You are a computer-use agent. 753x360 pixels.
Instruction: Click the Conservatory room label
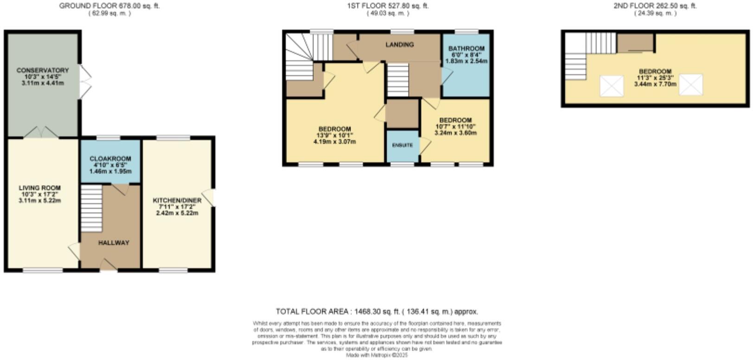(42, 70)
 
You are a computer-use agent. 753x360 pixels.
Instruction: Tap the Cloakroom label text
(110, 159)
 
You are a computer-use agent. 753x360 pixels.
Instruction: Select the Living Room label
(39, 188)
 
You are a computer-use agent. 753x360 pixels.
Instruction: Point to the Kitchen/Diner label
(177, 200)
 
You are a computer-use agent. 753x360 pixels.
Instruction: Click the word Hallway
(114, 243)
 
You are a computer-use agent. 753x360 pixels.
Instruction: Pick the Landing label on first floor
(400, 45)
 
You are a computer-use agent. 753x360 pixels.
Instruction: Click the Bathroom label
(466, 48)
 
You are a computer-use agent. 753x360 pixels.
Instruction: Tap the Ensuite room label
(402, 145)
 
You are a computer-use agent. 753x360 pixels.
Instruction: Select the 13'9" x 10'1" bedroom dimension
(334, 135)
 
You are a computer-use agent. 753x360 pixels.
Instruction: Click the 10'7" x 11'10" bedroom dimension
(455, 126)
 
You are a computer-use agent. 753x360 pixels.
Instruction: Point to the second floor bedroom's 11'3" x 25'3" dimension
(655, 78)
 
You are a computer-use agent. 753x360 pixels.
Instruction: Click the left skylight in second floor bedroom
(612, 86)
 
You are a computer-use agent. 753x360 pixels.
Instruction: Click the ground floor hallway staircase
(91, 208)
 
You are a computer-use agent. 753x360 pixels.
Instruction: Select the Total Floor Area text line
(376, 311)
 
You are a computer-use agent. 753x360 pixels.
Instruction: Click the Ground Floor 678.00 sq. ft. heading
(109, 6)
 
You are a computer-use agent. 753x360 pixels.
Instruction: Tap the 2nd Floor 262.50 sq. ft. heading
(655, 6)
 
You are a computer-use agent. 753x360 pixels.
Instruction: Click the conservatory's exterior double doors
(84, 82)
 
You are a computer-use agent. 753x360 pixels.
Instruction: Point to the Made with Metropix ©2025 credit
(376, 355)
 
